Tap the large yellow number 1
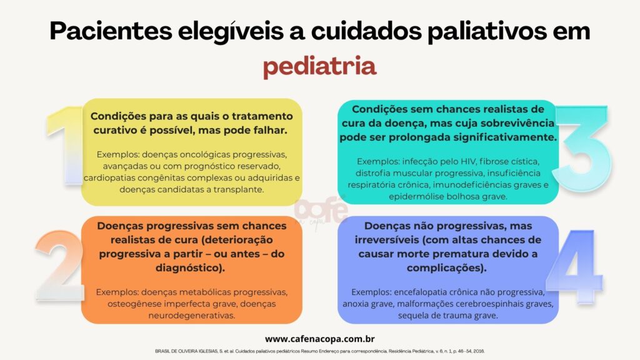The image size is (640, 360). coord(65,146)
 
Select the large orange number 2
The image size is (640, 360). coord(60,266)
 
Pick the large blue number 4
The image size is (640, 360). coord(575,267)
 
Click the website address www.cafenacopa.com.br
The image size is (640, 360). coord(319,339)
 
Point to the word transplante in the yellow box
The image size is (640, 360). coord(238,190)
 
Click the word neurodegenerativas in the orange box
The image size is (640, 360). coord(191,316)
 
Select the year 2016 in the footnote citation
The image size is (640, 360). coord(479,351)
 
